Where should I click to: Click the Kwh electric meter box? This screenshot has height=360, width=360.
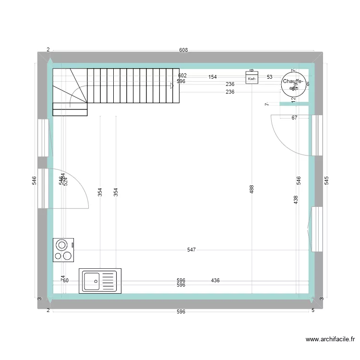252,78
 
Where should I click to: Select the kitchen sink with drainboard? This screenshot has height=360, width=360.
100,281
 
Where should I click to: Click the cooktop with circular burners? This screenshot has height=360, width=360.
63,250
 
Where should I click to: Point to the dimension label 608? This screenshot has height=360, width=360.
183,50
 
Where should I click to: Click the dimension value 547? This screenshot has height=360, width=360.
192,250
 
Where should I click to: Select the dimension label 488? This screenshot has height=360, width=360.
252,190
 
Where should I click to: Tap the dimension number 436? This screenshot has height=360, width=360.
215,280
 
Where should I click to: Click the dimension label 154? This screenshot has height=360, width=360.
213,77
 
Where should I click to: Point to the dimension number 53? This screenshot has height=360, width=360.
269,77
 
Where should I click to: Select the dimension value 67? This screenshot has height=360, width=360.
294,118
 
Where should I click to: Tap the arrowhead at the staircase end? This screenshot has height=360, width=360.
172,86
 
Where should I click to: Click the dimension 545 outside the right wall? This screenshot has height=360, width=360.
326,180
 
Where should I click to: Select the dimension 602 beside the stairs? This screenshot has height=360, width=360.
182,76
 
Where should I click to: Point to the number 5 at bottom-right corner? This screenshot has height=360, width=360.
313,311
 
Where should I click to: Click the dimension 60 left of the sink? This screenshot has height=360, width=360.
66,280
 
